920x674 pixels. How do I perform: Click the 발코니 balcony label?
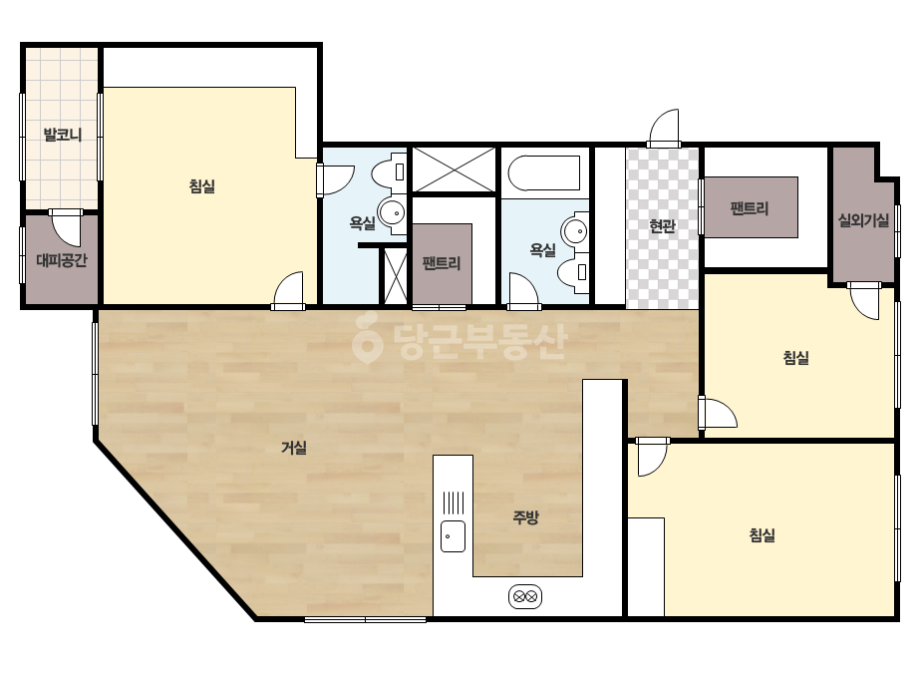(x=62, y=135)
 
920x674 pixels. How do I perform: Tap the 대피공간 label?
(x=62, y=259)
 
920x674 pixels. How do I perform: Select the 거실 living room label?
(x=294, y=448)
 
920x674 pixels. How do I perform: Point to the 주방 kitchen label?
(x=525, y=517)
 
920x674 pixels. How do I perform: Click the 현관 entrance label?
(x=663, y=226)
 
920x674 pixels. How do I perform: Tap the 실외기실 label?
(x=863, y=220)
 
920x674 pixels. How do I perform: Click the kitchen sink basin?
(x=453, y=536)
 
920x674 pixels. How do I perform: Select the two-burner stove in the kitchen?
(x=525, y=597)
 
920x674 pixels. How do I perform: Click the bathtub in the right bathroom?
(x=544, y=173)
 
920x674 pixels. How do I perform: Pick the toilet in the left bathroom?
(x=389, y=171)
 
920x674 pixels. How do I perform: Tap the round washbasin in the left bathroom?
(x=392, y=212)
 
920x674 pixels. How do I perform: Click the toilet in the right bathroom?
(x=574, y=272)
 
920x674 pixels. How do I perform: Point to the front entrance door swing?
(x=664, y=127)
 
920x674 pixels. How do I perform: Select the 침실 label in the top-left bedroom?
(x=201, y=186)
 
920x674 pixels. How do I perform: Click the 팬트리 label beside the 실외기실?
(x=750, y=207)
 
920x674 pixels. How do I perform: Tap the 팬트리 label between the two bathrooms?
(x=442, y=263)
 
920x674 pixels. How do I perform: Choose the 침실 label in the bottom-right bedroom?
(x=763, y=534)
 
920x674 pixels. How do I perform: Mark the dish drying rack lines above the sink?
(x=453, y=503)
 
